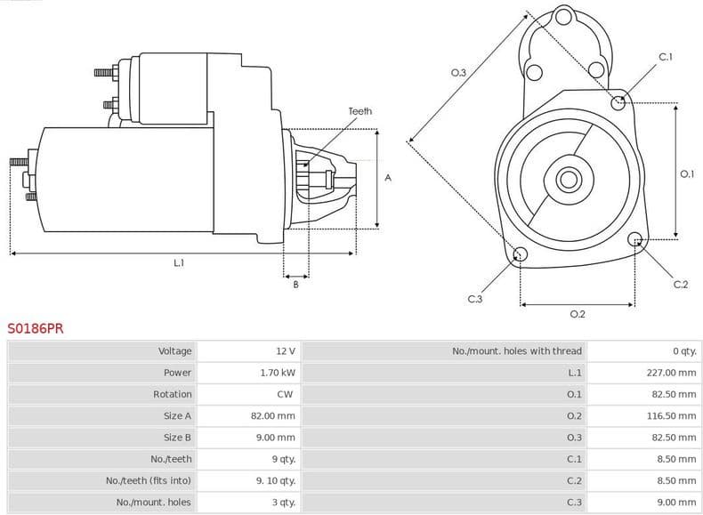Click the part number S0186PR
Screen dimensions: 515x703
(x=36, y=328)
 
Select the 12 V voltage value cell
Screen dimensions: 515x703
(x=285, y=351)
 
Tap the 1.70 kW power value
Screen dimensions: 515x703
(x=277, y=373)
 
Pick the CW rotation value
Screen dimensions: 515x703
(x=285, y=394)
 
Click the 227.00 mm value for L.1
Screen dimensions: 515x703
(x=671, y=373)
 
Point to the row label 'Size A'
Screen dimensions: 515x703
(x=177, y=415)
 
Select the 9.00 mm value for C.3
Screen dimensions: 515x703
(x=676, y=502)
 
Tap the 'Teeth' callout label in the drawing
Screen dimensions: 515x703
(x=360, y=111)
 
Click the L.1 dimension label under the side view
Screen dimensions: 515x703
(x=179, y=262)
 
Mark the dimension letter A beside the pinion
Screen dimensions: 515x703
(x=388, y=178)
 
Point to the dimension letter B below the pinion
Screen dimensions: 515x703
(x=295, y=284)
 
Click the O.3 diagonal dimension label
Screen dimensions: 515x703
(x=458, y=72)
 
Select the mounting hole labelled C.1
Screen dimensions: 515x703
(x=618, y=102)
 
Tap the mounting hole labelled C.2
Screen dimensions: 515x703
(x=635, y=239)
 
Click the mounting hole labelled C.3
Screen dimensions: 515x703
(x=521, y=256)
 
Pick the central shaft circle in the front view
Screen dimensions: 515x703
(x=568, y=180)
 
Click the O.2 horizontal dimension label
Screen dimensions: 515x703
(x=577, y=314)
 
